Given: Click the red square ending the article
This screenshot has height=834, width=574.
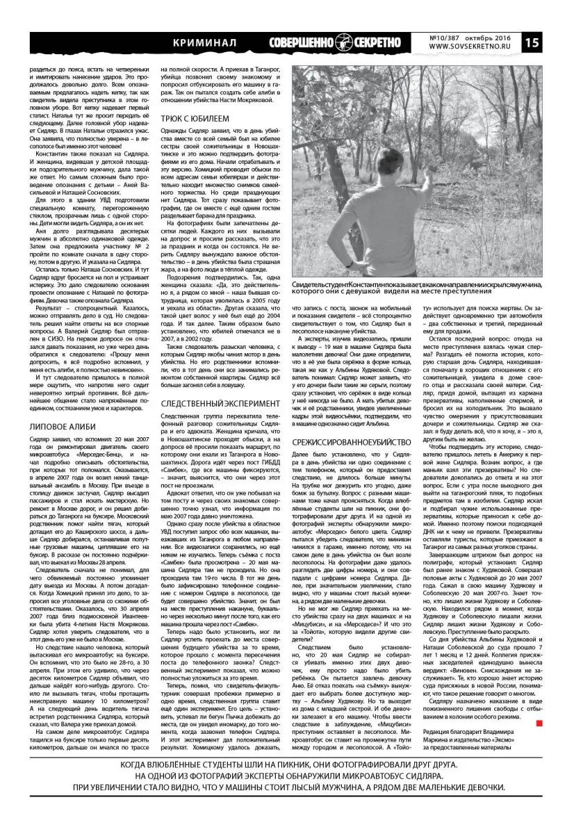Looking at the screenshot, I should pyautogui.click(x=539, y=725).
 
